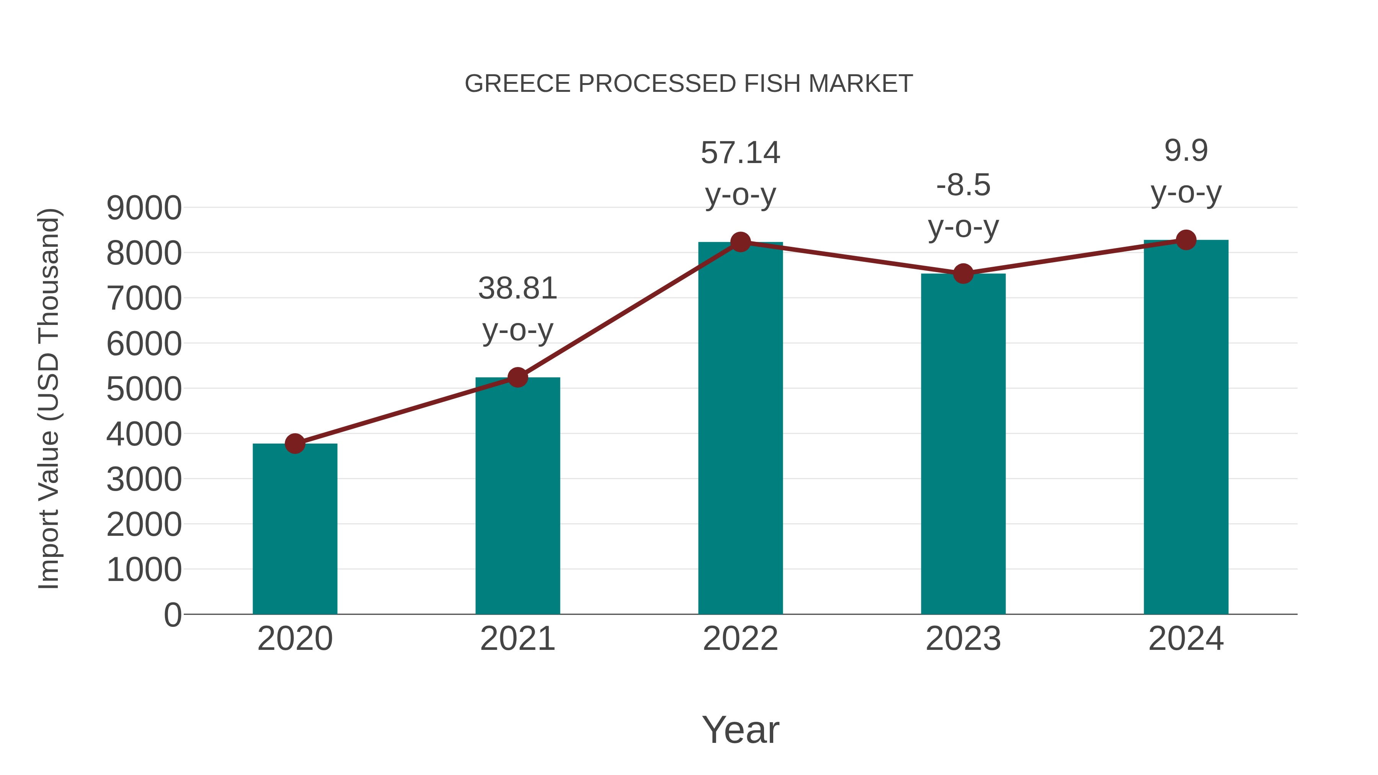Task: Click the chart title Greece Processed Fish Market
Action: click(x=689, y=84)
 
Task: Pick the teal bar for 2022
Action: click(x=740, y=428)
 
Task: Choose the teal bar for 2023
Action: click(x=963, y=444)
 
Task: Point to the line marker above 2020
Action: click(x=295, y=444)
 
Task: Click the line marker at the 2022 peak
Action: click(x=740, y=242)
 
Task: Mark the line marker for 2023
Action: click(x=963, y=274)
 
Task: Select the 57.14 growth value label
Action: click(x=740, y=153)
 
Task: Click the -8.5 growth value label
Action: click(x=963, y=186)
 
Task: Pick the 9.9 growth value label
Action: click(x=1186, y=150)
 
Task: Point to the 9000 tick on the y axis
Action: click(x=144, y=208)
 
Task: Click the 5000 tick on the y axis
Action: click(x=144, y=389)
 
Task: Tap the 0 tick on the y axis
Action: click(x=173, y=615)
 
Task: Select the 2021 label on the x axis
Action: click(x=517, y=639)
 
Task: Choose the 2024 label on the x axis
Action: click(x=1186, y=639)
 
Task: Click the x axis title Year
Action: click(x=740, y=729)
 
